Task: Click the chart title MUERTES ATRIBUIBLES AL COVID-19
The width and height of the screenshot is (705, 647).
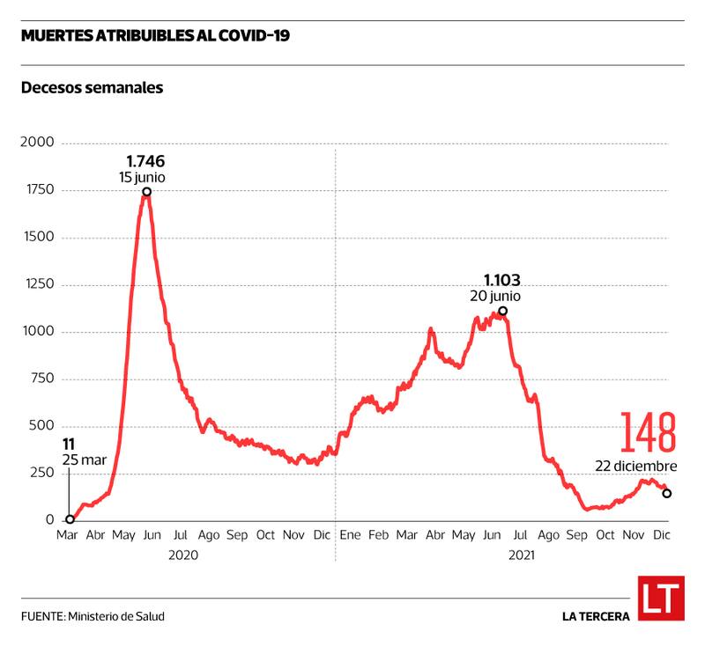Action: point(155,36)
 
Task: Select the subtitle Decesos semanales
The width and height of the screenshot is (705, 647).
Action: point(93,88)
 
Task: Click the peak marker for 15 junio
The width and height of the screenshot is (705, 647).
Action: point(146,192)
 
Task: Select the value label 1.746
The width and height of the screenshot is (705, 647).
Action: point(145,161)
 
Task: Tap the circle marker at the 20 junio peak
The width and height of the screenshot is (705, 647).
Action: point(502,311)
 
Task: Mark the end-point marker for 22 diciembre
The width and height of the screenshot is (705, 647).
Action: point(666,494)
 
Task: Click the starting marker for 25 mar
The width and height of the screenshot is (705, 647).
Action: point(70,519)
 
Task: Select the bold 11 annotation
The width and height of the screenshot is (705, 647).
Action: point(69,445)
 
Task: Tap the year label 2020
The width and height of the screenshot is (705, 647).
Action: point(184,555)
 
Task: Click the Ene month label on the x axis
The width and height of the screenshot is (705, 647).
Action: point(350,535)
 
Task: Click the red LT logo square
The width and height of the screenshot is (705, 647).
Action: point(661,599)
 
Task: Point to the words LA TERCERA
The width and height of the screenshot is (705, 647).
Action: point(596,616)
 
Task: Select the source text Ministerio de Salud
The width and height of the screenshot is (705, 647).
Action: point(115,616)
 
